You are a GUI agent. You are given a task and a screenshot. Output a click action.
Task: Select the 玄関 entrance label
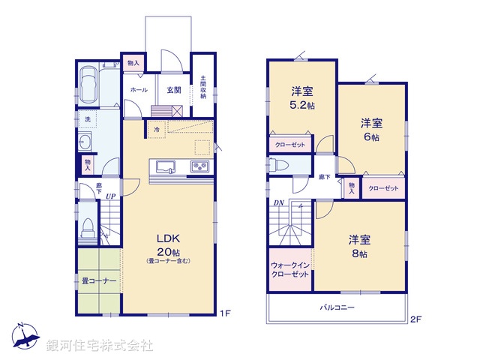coord(174,89)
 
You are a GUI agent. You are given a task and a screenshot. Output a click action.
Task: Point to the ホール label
coord(139,89)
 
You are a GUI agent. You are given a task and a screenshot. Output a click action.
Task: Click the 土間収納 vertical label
coord(202,88)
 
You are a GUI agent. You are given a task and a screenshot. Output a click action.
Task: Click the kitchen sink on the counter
coord(163,167)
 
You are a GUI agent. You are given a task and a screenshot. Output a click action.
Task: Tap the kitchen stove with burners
coord(200,167)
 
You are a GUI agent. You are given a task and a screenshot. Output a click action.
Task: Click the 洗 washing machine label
coord(87,120)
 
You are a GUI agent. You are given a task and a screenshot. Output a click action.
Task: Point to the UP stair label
coord(110,196)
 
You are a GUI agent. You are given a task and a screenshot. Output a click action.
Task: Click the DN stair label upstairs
coord(278,203)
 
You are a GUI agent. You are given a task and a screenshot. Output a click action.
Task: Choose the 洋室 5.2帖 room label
coord(302,98)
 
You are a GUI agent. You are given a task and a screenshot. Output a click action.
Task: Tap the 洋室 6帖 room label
coord(371,130)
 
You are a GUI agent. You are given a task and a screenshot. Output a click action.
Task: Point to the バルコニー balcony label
coord(337,307)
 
